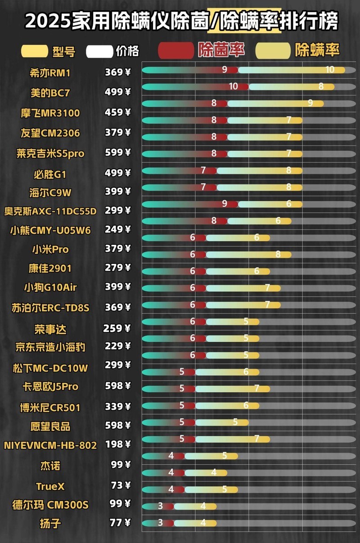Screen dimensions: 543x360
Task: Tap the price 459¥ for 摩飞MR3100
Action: pyautogui.click(x=117, y=113)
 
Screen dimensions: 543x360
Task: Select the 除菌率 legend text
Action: pyautogui.click(x=221, y=50)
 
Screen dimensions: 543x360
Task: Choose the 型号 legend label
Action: pyautogui.click(x=63, y=51)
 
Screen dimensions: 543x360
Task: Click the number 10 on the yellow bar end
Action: pyautogui.click(x=330, y=70)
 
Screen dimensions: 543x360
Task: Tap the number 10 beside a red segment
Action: pyautogui.click(x=233, y=86)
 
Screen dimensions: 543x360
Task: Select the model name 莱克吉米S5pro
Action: pyautogui.click(x=50, y=154)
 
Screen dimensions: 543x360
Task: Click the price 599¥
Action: pyautogui.click(x=117, y=152)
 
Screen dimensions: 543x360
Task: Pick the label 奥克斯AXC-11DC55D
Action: pyautogui.click(x=50, y=211)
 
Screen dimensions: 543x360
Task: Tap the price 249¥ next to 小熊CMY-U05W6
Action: pyautogui.click(x=117, y=229)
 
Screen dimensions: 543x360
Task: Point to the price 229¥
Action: pyautogui.click(x=117, y=346)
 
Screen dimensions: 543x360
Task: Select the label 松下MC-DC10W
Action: pyautogui.click(x=50, y=368)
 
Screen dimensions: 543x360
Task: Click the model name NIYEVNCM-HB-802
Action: pyautogui.click(x=50, y=445)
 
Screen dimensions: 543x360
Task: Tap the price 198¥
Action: pyautogui.click(x=117, y=444)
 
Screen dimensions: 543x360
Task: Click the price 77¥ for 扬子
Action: pyautogui.click(x=120, y=523)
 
